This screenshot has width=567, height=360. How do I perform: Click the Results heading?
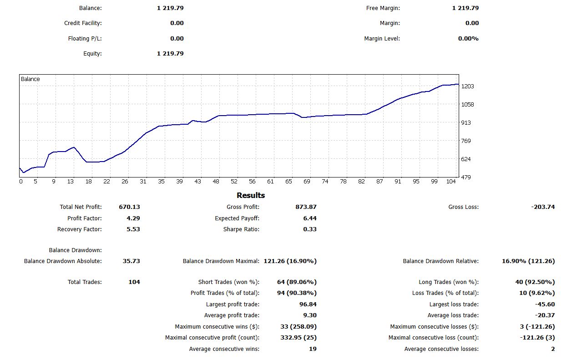point(251,195)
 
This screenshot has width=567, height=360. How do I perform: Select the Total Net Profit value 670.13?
point(129,207)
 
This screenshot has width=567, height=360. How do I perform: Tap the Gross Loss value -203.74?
point(543,207)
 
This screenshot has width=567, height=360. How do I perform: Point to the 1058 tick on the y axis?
point(467,104)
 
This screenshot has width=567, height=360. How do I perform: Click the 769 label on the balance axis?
point(466,141)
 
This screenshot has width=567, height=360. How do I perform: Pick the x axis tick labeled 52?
point(234,181)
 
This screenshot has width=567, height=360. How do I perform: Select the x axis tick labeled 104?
point(451,181)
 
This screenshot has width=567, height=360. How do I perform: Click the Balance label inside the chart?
point(30,79)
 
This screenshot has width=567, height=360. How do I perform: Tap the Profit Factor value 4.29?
point(133,218)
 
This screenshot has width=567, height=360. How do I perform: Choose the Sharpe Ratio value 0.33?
point(310,229)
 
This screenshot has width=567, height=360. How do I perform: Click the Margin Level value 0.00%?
point(468,39)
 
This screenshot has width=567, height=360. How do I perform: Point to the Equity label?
point(92,54)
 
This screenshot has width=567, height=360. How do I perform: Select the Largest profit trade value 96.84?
point(308,304)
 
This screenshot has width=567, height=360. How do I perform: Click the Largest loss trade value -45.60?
point(545,304)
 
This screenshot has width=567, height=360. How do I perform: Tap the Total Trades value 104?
point(134,282)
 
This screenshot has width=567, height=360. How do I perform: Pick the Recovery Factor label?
point(80,229)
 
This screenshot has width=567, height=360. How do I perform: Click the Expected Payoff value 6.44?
point(310,218)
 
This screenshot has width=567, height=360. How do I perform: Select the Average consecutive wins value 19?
point(313,349)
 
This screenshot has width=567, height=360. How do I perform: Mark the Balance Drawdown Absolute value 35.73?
point(132,261)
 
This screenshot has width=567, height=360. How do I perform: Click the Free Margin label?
point(383,8)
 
